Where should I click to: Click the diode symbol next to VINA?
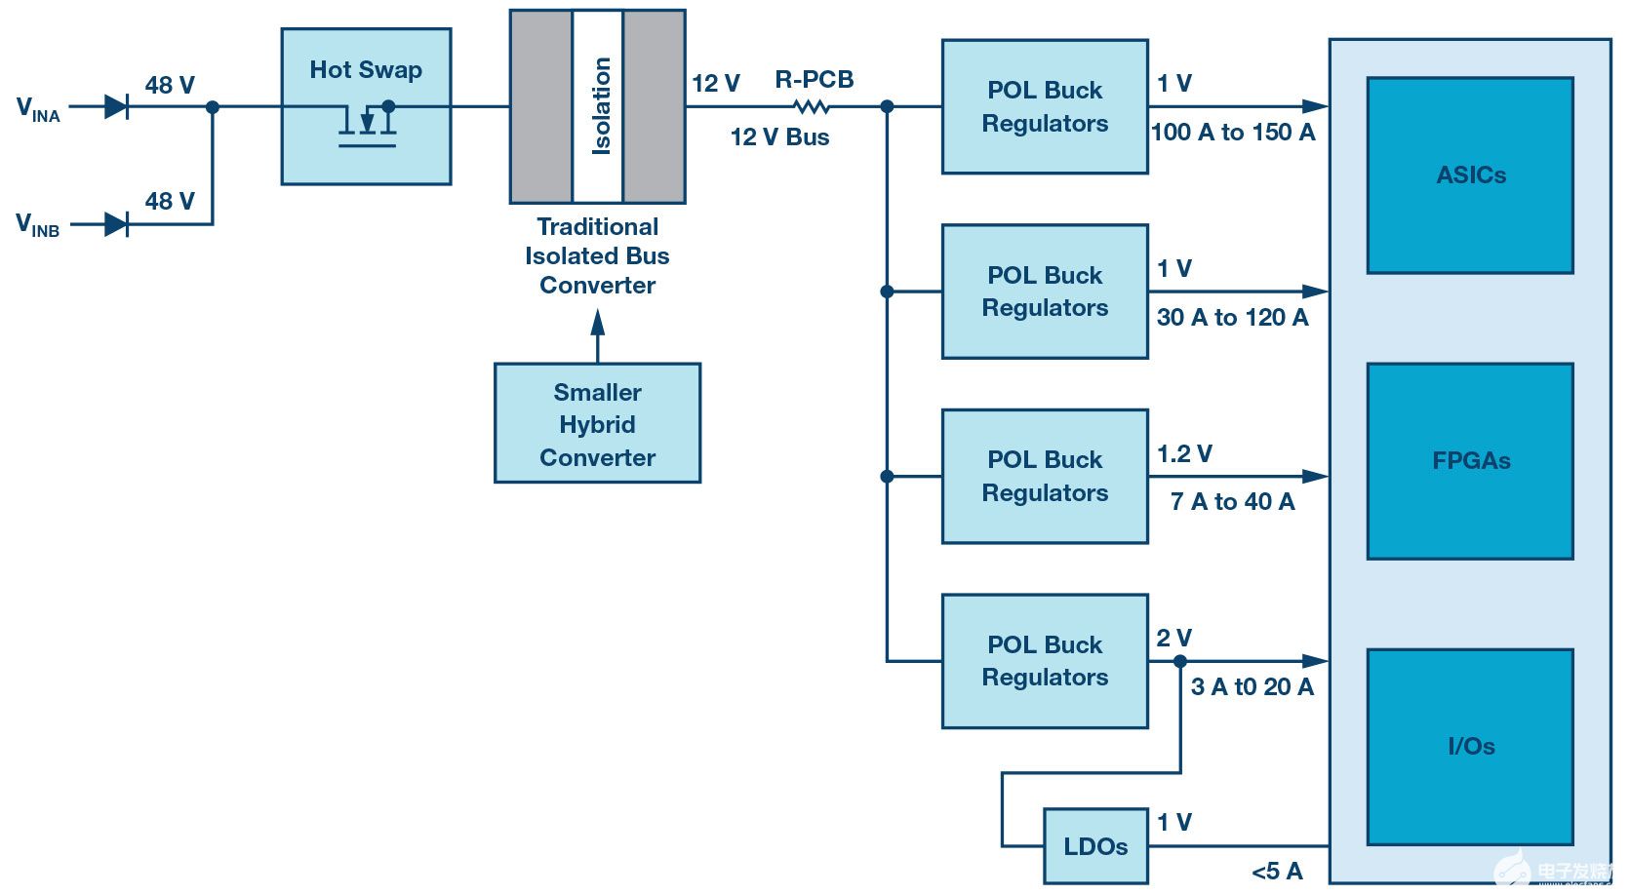tap(116, 106)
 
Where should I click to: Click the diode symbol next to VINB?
tap(116, 224)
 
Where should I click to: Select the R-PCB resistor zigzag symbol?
tap(812, 106)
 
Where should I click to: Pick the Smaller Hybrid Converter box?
tap(597, 423)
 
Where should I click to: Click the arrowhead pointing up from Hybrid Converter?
tap(598, 322)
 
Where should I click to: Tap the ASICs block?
tap(1470, 175)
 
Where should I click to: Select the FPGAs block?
tap(1470, 461)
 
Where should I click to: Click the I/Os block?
tap(1470, 747)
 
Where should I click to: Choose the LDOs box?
tap(1095, 846)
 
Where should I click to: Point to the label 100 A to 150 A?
tap(1233, 133)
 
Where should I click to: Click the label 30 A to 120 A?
tap(1232, 318)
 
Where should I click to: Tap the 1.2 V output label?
tap(1184, 454)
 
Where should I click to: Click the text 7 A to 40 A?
tap(1232, 502)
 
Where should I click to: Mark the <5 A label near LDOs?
tap(1277, 872)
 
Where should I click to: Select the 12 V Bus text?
tap(779, 137)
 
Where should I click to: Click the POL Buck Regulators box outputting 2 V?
tap(1045, 661)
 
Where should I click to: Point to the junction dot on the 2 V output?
tap(1180, 661)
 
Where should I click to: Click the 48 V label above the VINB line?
tap(170, 202)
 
